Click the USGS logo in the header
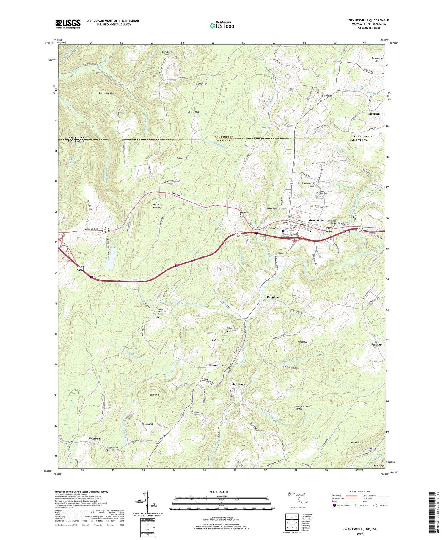67,24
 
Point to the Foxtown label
95,438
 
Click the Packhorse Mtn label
106,93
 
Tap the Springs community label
327,96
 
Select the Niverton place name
373,114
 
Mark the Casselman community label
274,297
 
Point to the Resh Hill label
154,395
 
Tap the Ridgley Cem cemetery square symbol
227,331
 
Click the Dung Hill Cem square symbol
107,450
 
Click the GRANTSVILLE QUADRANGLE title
368,20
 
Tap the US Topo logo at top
222,25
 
